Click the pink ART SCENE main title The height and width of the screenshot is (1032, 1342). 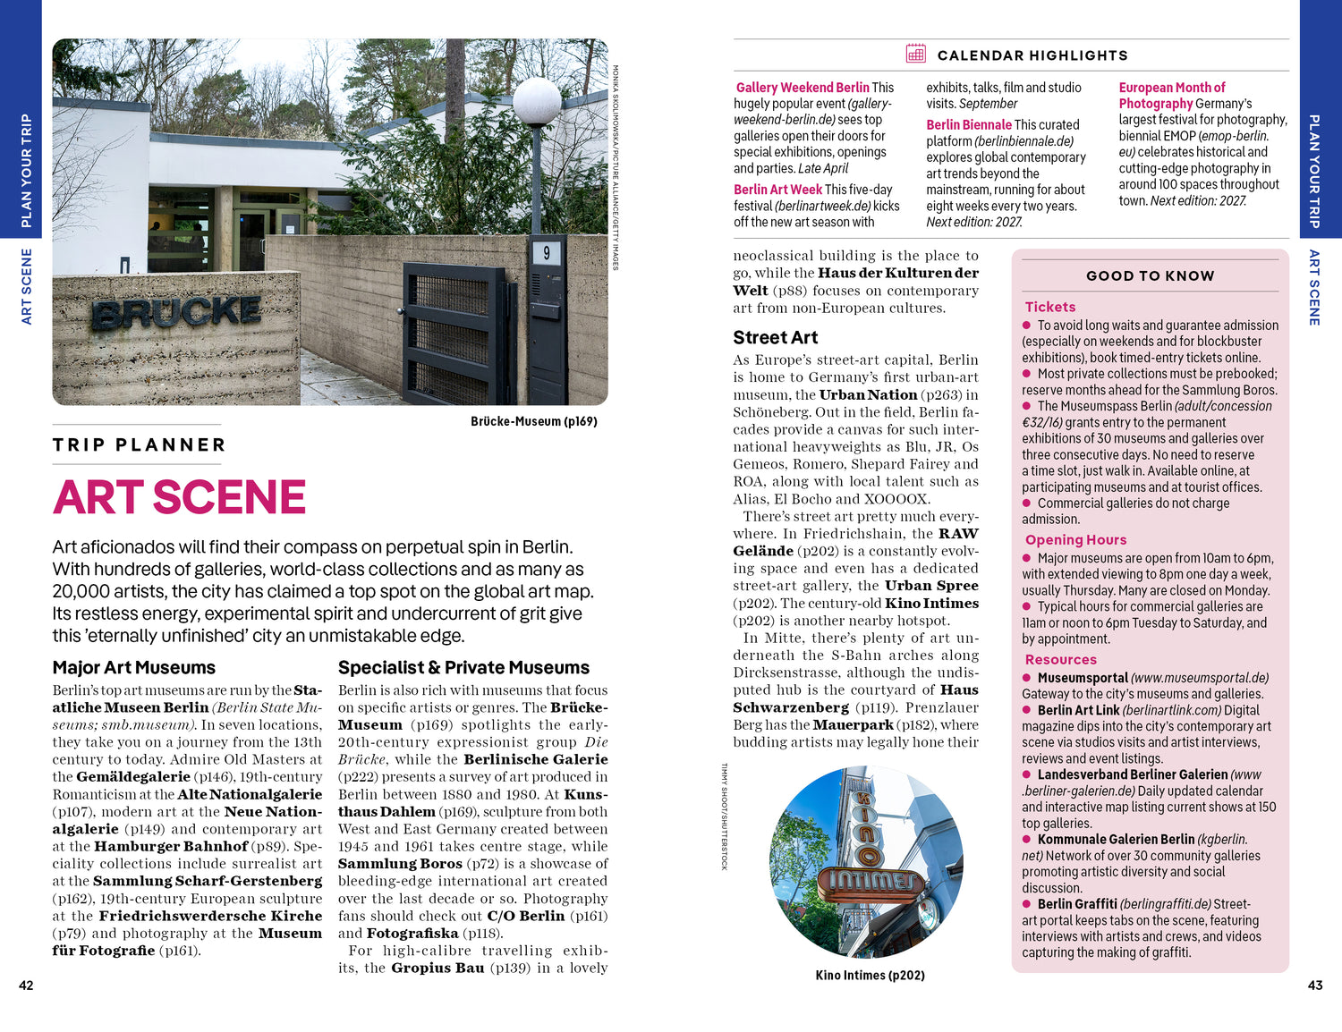pos(179,497)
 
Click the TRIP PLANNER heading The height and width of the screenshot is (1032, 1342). pos(139,444)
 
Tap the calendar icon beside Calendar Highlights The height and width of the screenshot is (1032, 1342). pos(915,54)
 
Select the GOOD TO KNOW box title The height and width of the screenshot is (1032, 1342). pos(1150,275)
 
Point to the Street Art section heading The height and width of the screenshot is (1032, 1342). pos(775,337)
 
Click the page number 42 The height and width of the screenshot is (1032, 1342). pos(26,985)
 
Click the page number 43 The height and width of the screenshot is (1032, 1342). pos(1314,985)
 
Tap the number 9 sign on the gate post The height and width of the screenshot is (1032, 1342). pos(546,253)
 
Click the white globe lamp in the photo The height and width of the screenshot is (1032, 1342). pos(537,100)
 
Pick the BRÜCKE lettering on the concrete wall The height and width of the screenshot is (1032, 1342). pos(176,313)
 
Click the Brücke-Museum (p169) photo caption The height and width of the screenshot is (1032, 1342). pos(533,421)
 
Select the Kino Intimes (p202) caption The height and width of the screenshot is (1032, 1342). pos(870,975)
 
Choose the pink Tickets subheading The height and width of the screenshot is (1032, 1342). pos(1050,307)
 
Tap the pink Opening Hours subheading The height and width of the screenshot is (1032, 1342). pos(1075,539)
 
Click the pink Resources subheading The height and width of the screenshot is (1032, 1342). pos(1060,659)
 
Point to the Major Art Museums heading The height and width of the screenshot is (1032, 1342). pos(134,667)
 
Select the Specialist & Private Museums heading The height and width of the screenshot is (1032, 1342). pos(463,667)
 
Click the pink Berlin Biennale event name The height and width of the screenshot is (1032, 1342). pos(969,125)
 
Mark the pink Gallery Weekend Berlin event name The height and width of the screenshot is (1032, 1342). pos(803,88)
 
